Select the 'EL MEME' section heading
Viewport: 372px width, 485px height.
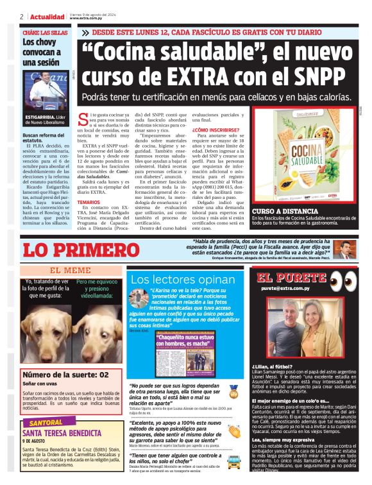point(71,270)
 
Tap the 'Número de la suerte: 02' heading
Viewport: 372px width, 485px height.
point(65,375)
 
